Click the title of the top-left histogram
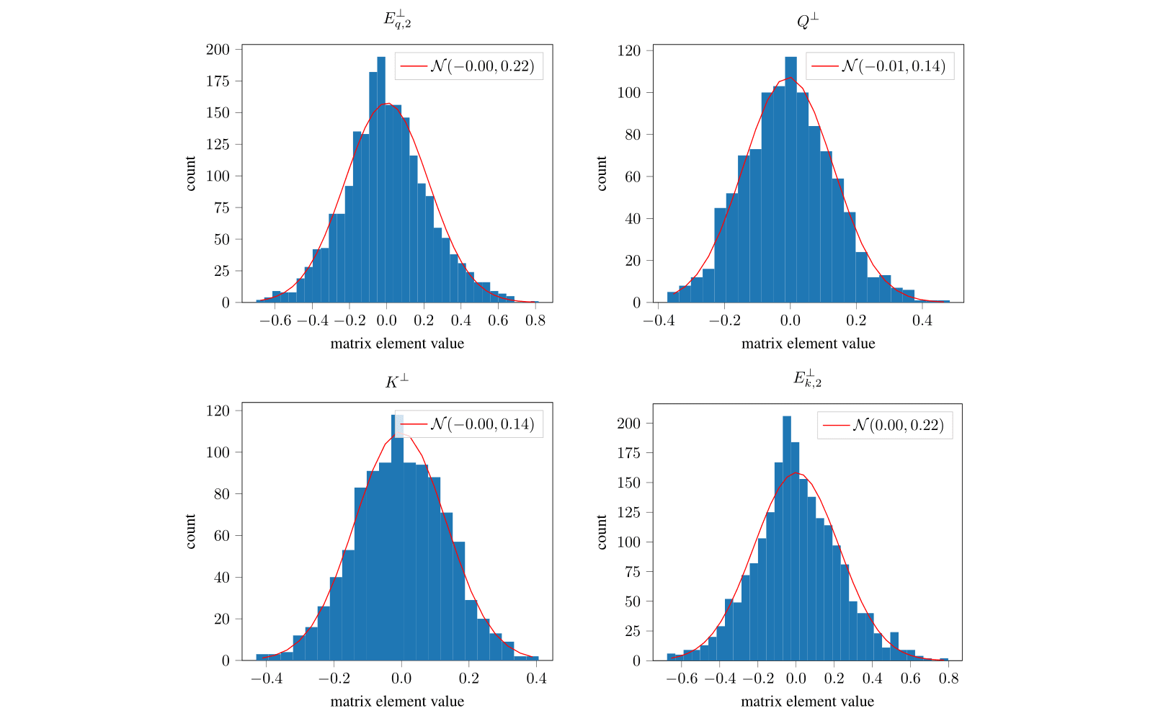click(397, 20)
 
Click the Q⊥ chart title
click(808, 21)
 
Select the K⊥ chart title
click(397, 381)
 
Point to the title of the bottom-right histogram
click(808, 377)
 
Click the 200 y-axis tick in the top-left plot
click(218, 50)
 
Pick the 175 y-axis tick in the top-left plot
click(218, 81)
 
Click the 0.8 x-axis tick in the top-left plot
click(535, 321)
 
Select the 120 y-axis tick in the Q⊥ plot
click(629, 50)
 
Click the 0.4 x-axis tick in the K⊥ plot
click(536, 679)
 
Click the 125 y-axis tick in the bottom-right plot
click(629, 512)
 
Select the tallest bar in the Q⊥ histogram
click(790, 180)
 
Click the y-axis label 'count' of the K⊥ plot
click(190, 532)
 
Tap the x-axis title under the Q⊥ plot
click(808, 344)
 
